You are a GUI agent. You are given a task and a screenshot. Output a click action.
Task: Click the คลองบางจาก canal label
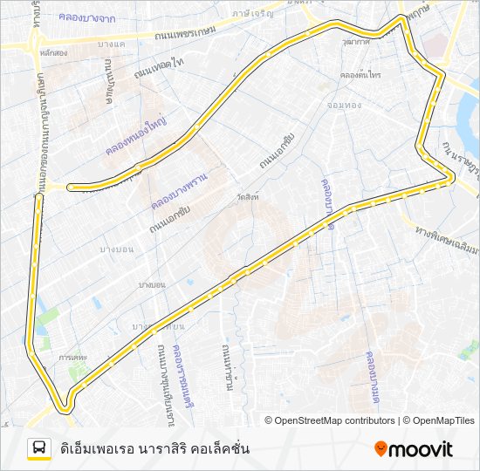[88, 17]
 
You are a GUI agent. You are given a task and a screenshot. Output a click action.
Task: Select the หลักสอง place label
[53, 53]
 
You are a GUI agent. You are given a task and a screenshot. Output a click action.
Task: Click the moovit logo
[414, 448]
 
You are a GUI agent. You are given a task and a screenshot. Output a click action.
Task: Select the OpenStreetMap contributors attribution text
[330, 420]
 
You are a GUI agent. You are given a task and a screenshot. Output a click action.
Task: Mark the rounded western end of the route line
[70, 186]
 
